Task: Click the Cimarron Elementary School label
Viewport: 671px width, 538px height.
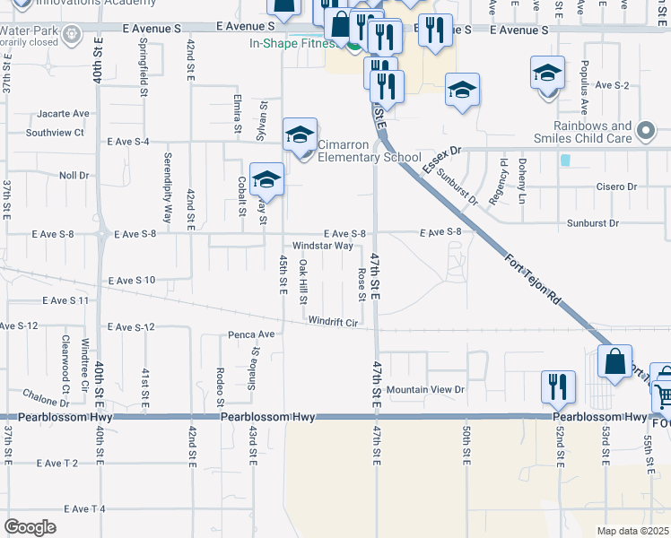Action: pyautogui.click(x=370, y=150)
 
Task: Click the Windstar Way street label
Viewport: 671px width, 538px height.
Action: pyautogui.click(x=322, y=246)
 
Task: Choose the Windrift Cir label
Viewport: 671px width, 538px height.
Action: pyautogui.click(x=333, y=321)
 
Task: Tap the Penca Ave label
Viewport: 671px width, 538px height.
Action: pyautogui.click(x=253, y=334)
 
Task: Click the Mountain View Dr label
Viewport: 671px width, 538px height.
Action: pyautogui.click(x=425, y=390)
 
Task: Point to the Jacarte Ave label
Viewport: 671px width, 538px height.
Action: pyautogui.click(x=64, y=114)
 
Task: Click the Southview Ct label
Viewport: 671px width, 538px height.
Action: pyautogui.click(x=55, y=133)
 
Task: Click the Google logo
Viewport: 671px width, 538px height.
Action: pyautogui.click(x=30, y=527)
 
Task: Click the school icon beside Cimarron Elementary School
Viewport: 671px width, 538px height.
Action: pyautogui.click(x=300, y=135)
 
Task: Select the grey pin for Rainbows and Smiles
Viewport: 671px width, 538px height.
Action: pyautogui.click(x=645, y=133)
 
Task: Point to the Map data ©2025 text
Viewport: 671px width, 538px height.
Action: pyautogui.click(x=632, y=531)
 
